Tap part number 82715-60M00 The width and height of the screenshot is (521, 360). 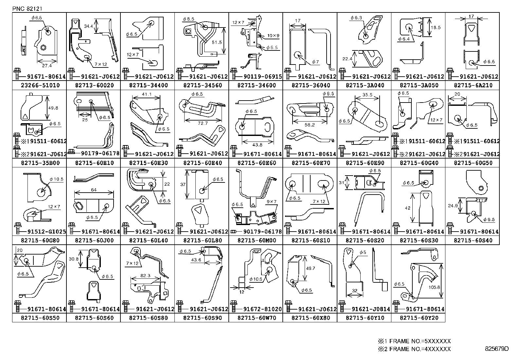click(256, 240)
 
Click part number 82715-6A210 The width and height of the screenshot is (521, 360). click(473, 85)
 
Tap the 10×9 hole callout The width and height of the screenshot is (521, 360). click(273, 35)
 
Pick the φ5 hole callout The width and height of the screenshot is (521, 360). click(363, 253)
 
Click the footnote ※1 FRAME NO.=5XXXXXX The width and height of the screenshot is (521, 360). click(415, 341)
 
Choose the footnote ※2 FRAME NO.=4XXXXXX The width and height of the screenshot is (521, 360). click(415, 349)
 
